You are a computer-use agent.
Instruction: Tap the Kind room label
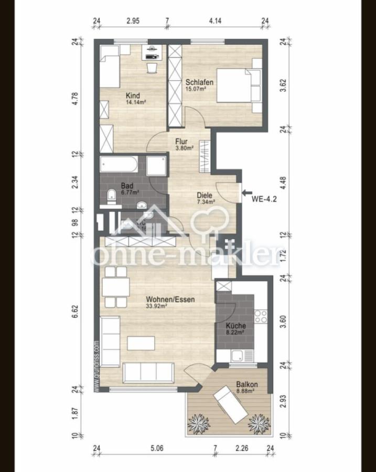(133, 96)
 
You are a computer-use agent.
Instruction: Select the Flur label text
(181, 141)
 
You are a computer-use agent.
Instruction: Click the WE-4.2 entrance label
(264, 199)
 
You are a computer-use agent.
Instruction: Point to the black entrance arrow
(247, 193)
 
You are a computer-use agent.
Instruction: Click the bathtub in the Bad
(120, 166)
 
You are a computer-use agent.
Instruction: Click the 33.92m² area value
(157, 307)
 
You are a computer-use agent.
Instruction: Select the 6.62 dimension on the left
(75, 311)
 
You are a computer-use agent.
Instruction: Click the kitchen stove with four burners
(260, 316)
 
